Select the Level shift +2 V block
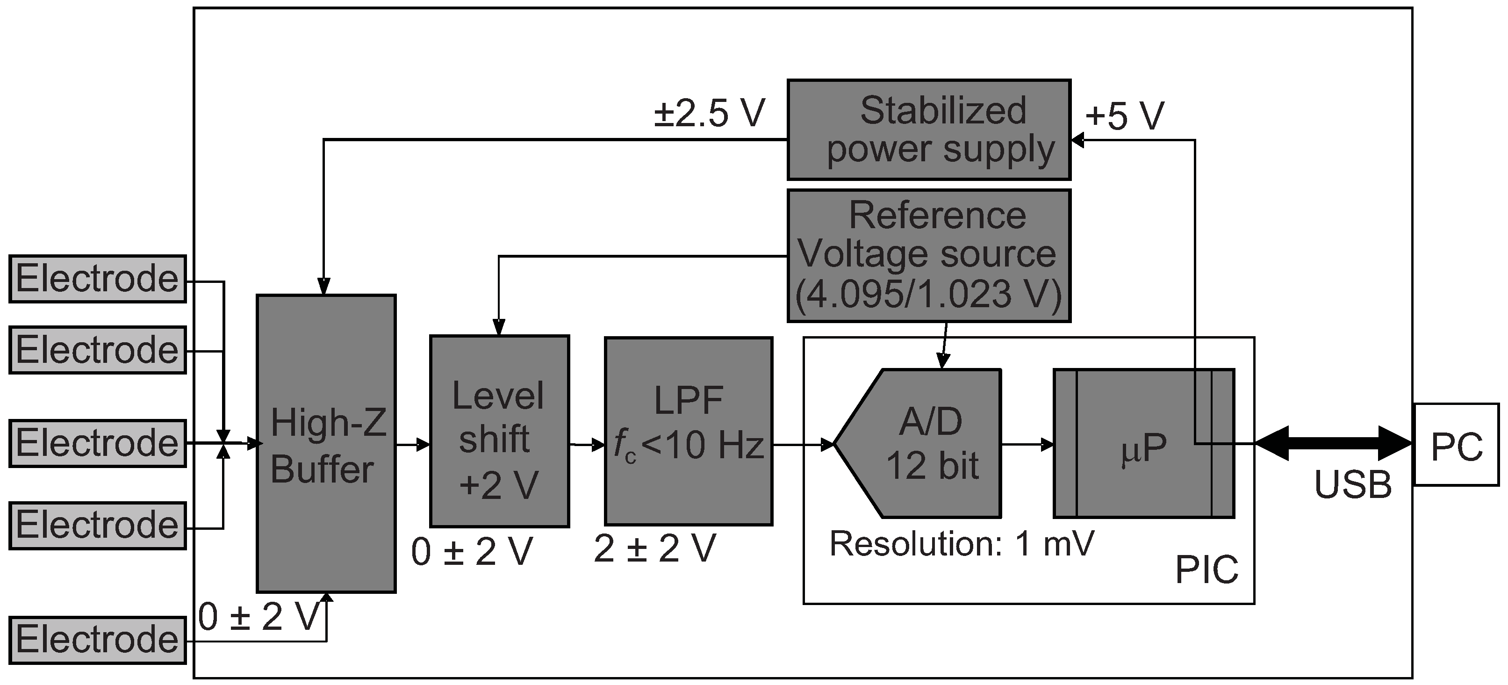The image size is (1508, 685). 499,432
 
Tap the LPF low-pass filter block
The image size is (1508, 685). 689,432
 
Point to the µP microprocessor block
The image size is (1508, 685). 1143,444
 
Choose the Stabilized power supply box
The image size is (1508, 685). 928,130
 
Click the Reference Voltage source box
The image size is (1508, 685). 928,256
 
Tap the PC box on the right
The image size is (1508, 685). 1457,444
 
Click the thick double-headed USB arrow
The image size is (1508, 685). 1334,444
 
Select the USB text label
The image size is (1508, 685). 1353,485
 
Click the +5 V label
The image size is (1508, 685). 1125,115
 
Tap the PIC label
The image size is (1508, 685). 1206,569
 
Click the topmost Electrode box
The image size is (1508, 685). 97,279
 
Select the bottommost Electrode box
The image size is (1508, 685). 97,640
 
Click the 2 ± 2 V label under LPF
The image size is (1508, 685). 654,548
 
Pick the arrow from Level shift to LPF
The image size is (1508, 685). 587,445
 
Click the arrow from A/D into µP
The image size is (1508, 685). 1027,444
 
